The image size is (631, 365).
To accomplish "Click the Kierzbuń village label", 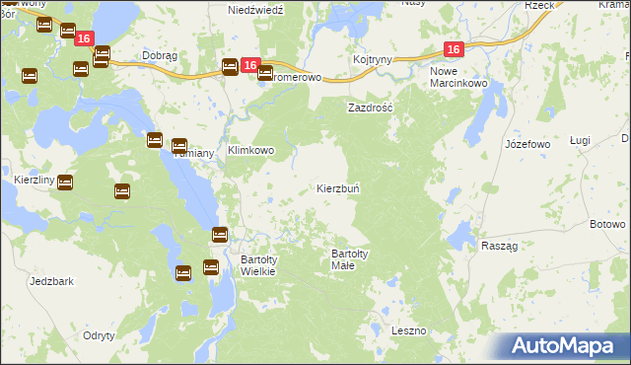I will click(343, 187).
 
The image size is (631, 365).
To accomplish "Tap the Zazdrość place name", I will click(370, 107).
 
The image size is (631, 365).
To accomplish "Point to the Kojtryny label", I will click(374, 59).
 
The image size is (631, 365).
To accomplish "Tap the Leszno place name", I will click(408, 330).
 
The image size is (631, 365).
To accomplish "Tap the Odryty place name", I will click(101, 335).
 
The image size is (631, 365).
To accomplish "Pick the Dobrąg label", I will click(159, 56).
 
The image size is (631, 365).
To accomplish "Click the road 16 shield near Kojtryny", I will click(453, 49).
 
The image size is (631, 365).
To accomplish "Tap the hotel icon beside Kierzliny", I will click(65, 182).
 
